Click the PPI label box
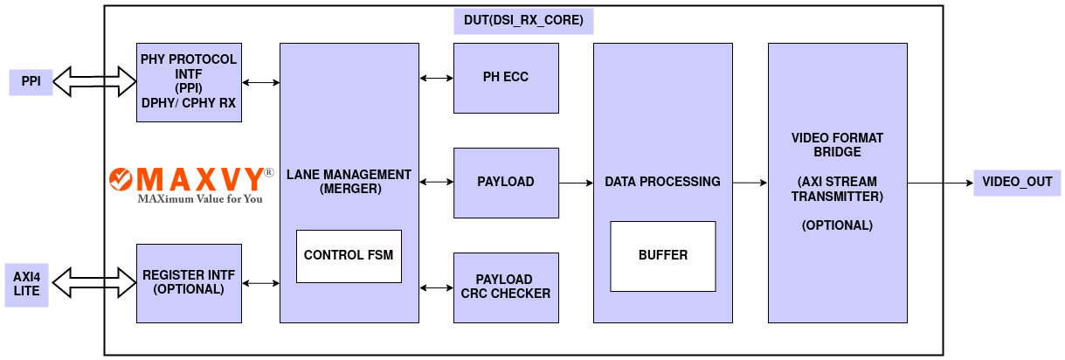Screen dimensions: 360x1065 pyautogui.click(x=31, y=82)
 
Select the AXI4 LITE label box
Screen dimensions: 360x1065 pyautogui.click(x=27, y=283)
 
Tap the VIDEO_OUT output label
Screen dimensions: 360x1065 pyautogui.click(x=1017, y=183)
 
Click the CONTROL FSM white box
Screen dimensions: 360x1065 pyautogui.click(x=349, y=256)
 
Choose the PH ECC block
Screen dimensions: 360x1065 pyautogui.click(x=506, y=78)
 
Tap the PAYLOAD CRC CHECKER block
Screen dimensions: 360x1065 pyautogui.click(x=506, y=287)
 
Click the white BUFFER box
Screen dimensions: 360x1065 pyautogui.click(x=662, y=256)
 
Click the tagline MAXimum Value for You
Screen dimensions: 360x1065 pyautogui.click(x=200, y=198)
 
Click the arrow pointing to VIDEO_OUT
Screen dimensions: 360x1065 pyautogui.click(x=940, y=183)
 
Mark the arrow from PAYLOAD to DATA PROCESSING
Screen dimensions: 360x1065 pyautogui.click(x=576, y=183)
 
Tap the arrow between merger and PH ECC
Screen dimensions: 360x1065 pyautogui.click(x=436, y=79)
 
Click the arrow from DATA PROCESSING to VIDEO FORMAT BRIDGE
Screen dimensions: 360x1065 pyautogui.click(x=750, y=183)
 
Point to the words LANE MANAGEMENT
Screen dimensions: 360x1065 pyautogui.click(x=349, y=175)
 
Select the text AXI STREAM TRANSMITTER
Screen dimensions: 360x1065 pyautogui.click(x=837, y=189)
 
